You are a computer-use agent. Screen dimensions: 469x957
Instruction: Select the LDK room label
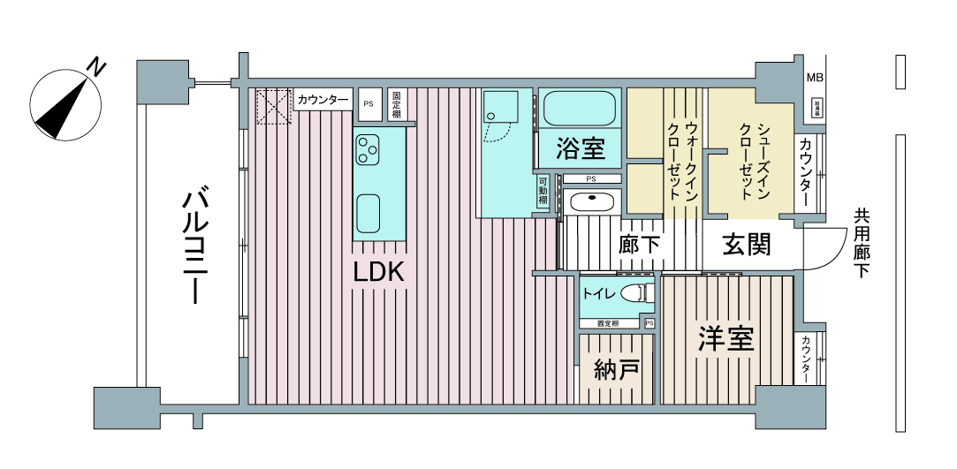click(x=378, y=273)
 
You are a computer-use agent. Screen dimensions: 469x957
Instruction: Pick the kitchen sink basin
click(x=368, y=212)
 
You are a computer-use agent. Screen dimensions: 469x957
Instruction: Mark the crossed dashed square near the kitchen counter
click(x=273, y=108)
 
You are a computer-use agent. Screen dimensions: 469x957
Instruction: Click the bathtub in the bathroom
click(x=579, y=109)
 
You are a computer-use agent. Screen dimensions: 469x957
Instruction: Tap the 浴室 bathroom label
click(x=580, y=148)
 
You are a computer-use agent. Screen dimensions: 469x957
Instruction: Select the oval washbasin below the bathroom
click(x=591, y=201)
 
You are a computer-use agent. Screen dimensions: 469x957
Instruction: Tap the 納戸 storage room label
click(x=616, y=369)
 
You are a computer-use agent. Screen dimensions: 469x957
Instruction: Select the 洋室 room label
click(x=725, y=338)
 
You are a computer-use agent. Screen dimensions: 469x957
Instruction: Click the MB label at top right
click(x=814, y=78)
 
